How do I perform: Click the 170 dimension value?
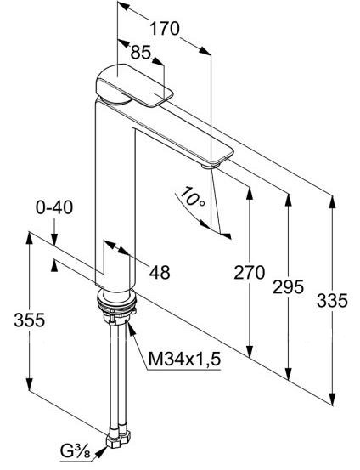click(163, 29)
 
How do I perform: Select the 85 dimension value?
click(141, 54)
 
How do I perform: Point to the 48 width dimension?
click(159, 272)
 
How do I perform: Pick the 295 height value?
click(288, 287)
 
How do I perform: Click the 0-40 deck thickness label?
click(55, 207)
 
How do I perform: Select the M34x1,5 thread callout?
click(184, 360)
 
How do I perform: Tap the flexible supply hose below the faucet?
click(114, 374)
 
